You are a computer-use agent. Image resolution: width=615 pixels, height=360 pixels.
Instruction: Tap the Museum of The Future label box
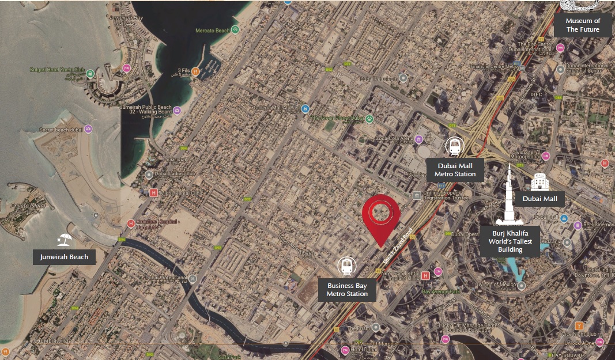(x=583, y=25)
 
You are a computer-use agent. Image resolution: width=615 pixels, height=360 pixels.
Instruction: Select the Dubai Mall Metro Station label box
(x=455, y=170)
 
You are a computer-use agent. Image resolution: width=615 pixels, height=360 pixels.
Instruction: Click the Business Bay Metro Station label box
(x=347, y=290)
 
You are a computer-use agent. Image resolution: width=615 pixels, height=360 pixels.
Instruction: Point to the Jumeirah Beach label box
(x=64, y=257)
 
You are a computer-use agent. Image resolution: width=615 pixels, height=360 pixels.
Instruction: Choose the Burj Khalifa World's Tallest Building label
(x=510, y=241)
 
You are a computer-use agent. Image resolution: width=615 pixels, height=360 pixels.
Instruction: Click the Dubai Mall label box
(x=539, y=199)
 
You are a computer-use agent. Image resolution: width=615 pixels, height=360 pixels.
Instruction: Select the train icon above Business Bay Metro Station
(x=347, y=266)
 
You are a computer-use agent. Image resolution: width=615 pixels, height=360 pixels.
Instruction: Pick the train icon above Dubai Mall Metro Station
(x=455, y=146)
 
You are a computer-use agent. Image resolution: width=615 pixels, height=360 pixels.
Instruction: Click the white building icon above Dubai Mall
(x=539, y=181)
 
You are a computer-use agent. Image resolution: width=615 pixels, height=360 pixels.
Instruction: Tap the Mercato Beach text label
(x=213, y=30)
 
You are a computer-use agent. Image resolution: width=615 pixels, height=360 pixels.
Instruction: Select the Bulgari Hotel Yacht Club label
(x=57, y=70)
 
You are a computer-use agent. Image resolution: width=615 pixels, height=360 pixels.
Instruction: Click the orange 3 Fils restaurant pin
(x=195, y=71)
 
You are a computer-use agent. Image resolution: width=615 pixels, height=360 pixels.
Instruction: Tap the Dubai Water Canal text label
(x=167, y=278)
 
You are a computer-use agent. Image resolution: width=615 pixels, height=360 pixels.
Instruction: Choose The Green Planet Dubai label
(x=337, y=119)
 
